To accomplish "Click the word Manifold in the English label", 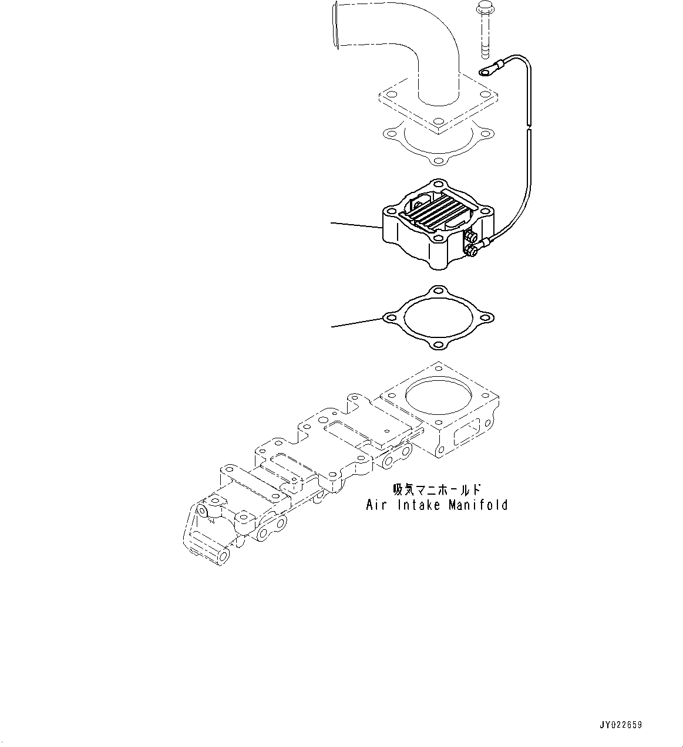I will (478, 505).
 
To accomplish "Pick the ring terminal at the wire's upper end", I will (487, 72).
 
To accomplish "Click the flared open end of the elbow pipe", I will (335, 25).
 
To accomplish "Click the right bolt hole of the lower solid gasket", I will (485, 319).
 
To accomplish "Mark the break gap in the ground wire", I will (529, 127).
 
